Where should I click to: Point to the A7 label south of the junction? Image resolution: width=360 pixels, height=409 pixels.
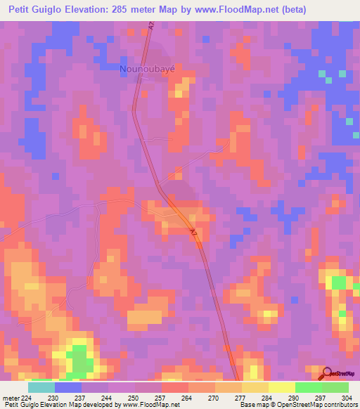[193, 231]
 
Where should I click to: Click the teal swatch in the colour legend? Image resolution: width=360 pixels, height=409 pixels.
[41, 388]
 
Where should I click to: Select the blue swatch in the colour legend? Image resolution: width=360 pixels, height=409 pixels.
[67, 388]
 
